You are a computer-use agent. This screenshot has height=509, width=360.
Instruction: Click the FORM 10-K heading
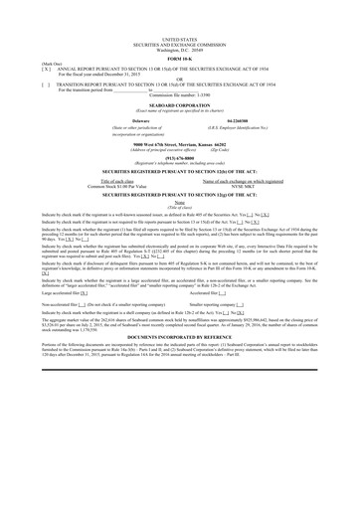180,38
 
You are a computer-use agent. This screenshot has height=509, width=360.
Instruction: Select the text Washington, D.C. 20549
180,21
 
